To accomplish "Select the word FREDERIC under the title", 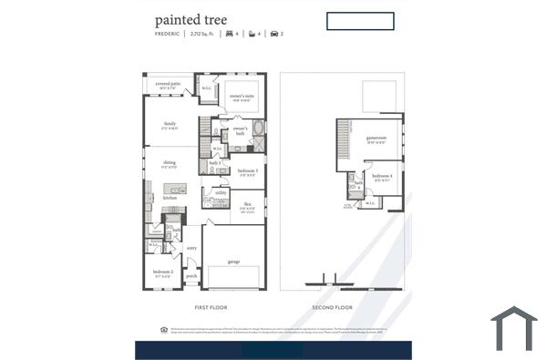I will (167, 34).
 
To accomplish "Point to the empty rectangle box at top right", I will (360, 21).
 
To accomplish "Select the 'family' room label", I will (170, 123).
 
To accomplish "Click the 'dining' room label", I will (170, 162).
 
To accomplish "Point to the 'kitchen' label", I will (170, 197).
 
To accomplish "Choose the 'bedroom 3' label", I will (248, 170).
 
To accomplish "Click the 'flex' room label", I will (247, 204).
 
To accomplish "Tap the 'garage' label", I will (234, 262).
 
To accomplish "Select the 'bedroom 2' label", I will (163, 272).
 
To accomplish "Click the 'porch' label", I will (191, 274).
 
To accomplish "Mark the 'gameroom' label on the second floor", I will (377, 139).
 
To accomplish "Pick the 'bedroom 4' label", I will (383, 175).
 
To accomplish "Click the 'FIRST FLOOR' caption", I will (211, 307).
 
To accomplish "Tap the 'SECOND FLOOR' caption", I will (332, 307).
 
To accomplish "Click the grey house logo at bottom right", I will (514, 329).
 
